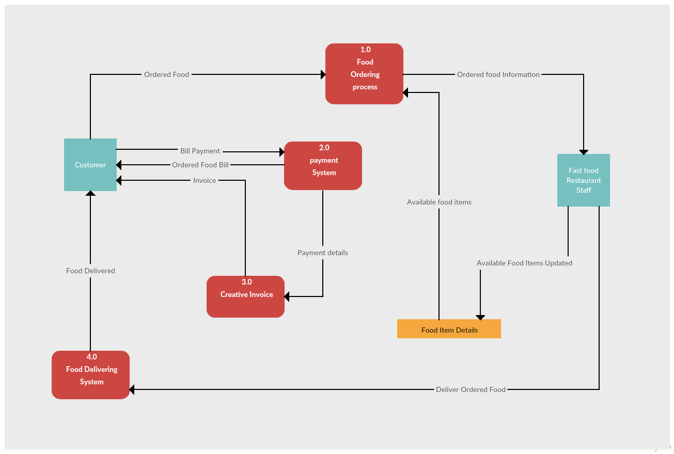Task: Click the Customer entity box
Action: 90,165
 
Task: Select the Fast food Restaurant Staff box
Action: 584,180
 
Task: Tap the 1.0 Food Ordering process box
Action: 364,73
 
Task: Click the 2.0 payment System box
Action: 323,165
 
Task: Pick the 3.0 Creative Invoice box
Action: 245,296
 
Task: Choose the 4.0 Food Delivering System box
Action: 90,374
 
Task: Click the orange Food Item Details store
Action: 449,329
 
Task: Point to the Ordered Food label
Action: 166,74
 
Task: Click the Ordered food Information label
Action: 498,74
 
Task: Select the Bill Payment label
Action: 200,151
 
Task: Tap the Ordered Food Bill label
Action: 200,165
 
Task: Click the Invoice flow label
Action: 205,180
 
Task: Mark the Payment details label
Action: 323,253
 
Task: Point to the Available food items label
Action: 439,202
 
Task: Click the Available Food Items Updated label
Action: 524,263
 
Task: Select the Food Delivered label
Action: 90,271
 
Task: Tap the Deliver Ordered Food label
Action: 471,389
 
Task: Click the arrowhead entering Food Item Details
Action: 480,317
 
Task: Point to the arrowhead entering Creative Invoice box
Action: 287,296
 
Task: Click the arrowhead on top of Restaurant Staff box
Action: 584,151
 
